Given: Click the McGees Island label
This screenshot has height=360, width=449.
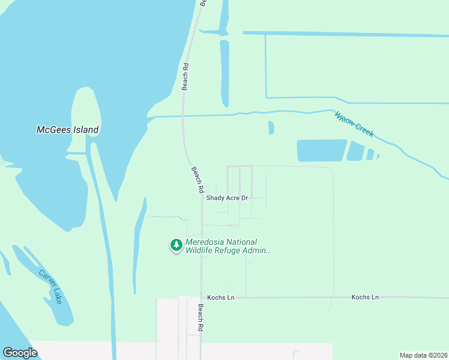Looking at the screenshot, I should click(x=67, y=130).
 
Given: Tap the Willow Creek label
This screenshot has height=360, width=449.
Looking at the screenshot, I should click(x=354, y=124).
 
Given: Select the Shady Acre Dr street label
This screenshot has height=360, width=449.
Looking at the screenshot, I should click(x=227, y=197).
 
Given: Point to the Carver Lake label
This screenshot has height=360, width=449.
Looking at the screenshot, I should click(x=50, y=286).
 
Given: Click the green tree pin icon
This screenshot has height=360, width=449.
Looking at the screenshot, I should click(x=176, y=245).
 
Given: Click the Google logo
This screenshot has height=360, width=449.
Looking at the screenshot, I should click(x=20, y=352).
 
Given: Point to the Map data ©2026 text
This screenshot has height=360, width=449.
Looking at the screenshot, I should click(x=424, y=355).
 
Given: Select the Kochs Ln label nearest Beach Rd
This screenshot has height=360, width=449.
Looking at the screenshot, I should click(x=220, y=298).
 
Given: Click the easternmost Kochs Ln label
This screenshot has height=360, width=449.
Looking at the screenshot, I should click(x=365, y=297).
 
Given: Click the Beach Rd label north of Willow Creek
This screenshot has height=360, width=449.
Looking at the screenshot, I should click(x=185, y=76).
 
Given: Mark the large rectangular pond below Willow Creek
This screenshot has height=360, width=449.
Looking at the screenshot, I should click(x=322, y=151).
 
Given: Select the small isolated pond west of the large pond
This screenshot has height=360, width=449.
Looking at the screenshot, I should click(x=271, y=128).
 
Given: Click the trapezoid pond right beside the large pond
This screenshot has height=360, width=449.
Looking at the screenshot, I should click(x=356, y=151).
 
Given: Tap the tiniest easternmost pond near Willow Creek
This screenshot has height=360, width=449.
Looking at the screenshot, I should click(x=379, y=157).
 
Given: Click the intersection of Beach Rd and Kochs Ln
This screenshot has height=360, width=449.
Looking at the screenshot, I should click(x=202, y=298).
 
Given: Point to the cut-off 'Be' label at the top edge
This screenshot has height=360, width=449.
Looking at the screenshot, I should click(x=203, y=2).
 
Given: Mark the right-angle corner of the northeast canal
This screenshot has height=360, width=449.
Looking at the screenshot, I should click(x=266, y=97).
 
